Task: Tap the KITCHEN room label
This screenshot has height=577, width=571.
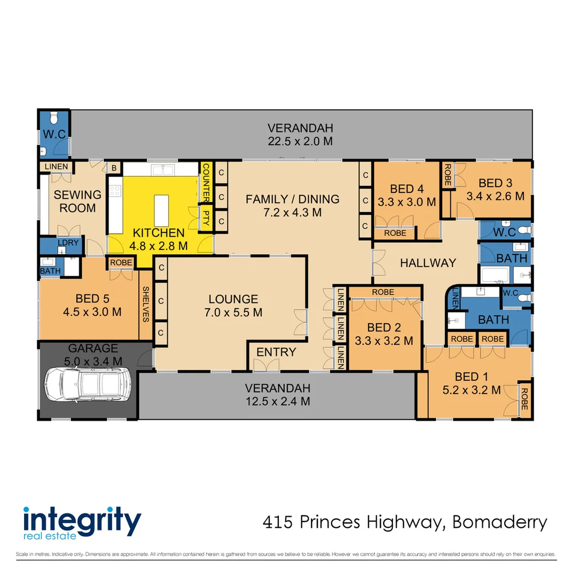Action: [x=159, y=233]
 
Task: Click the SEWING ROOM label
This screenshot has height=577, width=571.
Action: [x=77, y=201]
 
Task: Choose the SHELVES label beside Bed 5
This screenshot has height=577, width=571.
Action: [x=145, y=305]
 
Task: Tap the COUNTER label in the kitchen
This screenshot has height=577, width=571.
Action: [x=206, y=181]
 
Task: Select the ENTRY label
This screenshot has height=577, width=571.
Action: [x=276, y=352]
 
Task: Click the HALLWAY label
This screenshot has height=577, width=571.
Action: [x=428, y=263]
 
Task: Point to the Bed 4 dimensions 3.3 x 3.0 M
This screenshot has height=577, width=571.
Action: [x=407, y=202]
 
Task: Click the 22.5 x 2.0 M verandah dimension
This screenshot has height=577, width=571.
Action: [x=300, y=142]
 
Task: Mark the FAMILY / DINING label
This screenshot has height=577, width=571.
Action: [x=292, y=199]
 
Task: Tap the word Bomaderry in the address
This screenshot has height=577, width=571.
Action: [x=499, y=522]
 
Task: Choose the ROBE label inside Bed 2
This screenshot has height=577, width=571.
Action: [x=383, y=292]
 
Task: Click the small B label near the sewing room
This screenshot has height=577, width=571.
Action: [x=114, y=168]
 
